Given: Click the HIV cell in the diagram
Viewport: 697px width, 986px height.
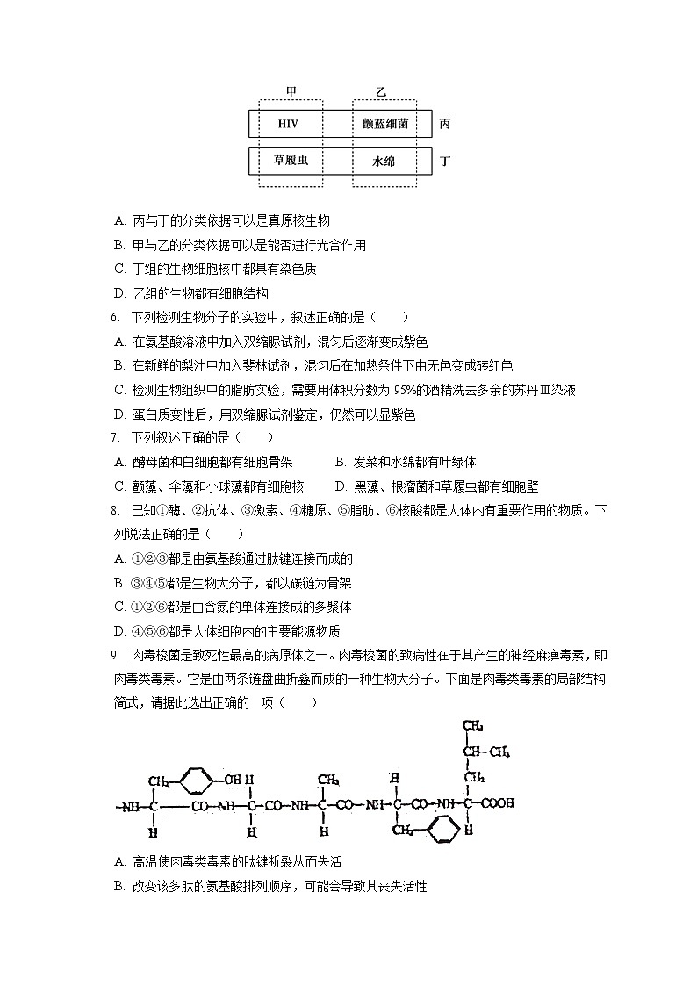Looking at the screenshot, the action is [x=288, y=124].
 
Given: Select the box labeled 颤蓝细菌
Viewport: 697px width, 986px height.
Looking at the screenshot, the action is [x=384, y=124].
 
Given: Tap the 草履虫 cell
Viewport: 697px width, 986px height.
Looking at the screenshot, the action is [x=291, y=161].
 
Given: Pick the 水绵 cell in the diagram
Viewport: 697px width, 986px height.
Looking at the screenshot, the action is [x=384, y=162].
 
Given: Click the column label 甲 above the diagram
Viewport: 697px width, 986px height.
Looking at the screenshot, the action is [x=291, y=92].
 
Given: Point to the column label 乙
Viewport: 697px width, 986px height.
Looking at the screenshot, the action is [x=381, y=92].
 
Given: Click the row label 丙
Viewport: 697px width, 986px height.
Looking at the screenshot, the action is [x=445, y=124].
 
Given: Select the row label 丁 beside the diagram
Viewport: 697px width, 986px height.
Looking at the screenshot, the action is [x=445, y=162].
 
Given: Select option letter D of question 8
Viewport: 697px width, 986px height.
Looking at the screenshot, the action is [x=119, y=631].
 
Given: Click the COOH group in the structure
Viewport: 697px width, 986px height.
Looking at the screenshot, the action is [x=496, y=802].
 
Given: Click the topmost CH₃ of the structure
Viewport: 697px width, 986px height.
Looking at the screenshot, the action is [x=474, y=726].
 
